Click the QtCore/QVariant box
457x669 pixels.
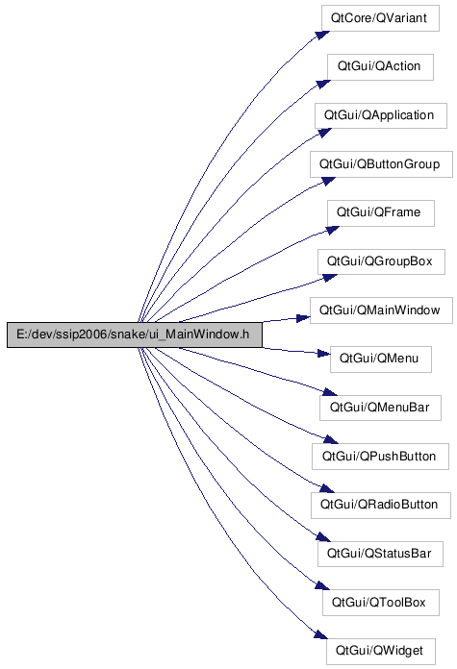(x=380, y=18)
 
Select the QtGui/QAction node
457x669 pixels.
(x=380, y=66)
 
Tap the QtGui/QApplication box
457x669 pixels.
(x=381, y=115)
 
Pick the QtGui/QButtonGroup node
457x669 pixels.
(x=381, y=164)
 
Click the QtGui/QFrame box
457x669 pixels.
(x=381, y=212)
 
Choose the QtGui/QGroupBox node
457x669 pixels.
(x=381, y=261)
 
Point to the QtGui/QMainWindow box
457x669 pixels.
(x=381, y=310)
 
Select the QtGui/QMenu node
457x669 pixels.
(x=381, y=359)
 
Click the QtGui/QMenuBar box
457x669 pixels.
(x=380, y=408)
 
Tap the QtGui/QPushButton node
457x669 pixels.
(x=380, y=457)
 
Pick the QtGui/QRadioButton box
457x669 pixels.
(x=381, y=506)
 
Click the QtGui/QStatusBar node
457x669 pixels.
(x=380, y=554)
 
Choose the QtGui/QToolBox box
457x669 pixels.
(x=381, y=603)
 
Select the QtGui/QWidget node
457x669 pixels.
(x=381, y=651)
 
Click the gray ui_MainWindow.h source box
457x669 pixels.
(x=135, y=334)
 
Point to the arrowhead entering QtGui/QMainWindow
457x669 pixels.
(x=303, y=318)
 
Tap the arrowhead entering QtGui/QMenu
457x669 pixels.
(x=323, y=353)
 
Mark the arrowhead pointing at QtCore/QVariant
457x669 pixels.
(x=323, y=35)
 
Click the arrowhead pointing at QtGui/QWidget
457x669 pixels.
(x=321, y=634)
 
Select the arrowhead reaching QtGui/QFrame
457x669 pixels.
(x=332, y=231)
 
